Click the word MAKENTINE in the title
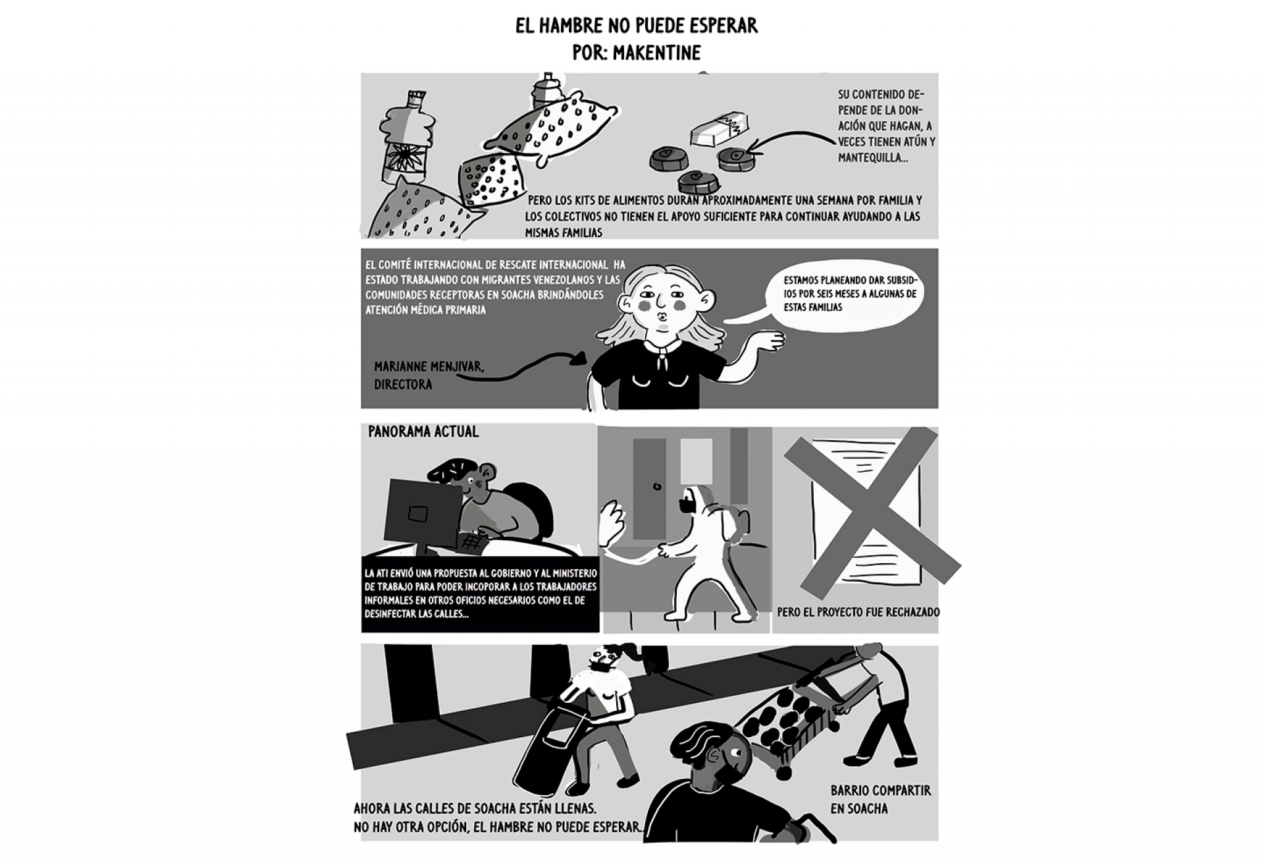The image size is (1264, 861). click(656, 52)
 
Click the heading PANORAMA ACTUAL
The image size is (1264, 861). click(423, 431)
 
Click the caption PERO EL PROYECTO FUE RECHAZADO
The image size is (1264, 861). click(858, 612)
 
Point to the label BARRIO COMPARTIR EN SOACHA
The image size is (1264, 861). click(880, 799)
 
